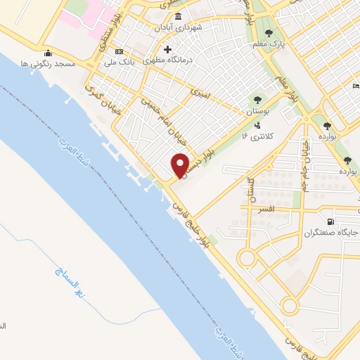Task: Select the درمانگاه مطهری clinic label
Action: click(x=176, y=60)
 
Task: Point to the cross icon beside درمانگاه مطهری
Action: click(x=167, y=49)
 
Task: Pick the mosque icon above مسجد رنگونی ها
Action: click(x=47, y=53)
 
